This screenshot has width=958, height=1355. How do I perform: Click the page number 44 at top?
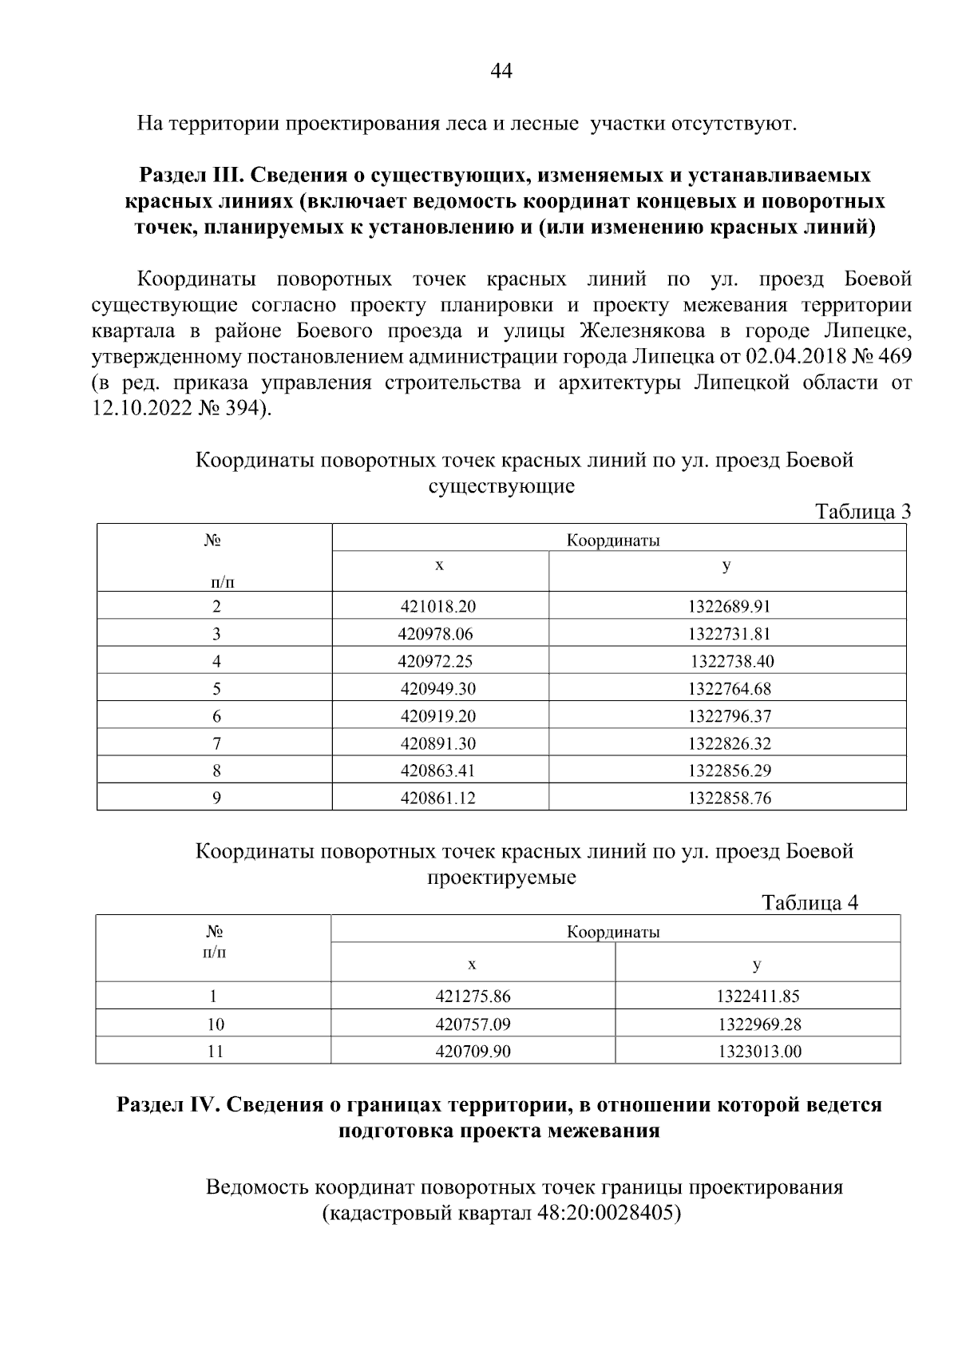501,72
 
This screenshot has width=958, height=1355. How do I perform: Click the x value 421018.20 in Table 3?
437,607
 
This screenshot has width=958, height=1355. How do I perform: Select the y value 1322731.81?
729,635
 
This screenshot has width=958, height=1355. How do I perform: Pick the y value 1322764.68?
729,689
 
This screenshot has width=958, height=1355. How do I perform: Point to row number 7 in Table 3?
216,744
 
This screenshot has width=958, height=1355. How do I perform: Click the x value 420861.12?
437,798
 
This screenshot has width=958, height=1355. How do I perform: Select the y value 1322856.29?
729,771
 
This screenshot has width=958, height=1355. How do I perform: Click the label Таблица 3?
862,512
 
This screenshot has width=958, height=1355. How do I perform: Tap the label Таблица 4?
810,903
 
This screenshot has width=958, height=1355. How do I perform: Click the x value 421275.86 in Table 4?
473,996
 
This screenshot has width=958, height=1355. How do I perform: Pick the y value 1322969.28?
758,1024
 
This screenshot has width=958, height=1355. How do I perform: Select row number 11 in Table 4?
215,1052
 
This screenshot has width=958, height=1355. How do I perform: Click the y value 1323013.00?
758,1052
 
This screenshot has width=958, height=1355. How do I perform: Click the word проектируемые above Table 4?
501,878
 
